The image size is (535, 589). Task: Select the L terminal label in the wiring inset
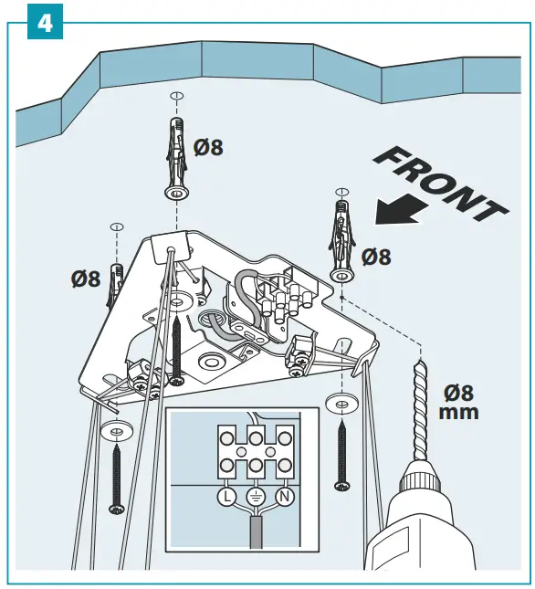[224, 498]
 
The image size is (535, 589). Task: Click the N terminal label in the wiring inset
[284, 498]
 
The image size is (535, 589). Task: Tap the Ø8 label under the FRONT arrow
[375, 257]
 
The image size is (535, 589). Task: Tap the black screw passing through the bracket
[175, 347]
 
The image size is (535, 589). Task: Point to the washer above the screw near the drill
[341, 403]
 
